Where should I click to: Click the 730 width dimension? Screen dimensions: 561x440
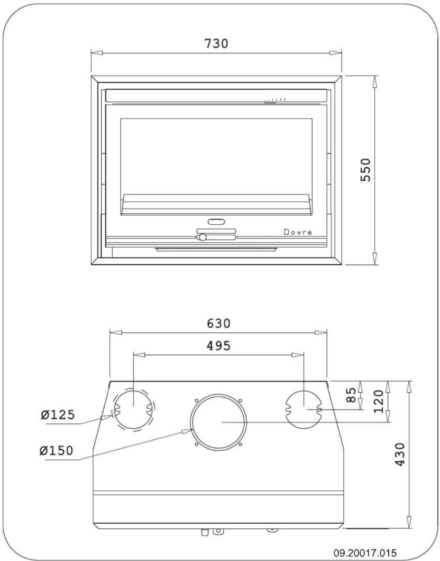(216, 43)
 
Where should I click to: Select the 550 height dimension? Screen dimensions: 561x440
(366, 170)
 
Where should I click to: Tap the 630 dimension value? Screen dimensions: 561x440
(218, 323)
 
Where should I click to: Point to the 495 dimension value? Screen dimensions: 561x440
(218, 345)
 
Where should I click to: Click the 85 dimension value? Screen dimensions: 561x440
(351, 395)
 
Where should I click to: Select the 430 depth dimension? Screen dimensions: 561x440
(399, 454)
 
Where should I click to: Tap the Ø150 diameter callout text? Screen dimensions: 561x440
(56, 451)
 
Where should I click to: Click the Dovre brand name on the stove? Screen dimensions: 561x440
(298, 232)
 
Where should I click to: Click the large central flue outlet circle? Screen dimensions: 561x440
(219, 422)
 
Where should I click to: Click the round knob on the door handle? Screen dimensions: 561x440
(202, 237)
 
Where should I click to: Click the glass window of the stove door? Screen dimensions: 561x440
(216, 155)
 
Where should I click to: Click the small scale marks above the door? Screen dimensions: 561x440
(275, 100)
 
